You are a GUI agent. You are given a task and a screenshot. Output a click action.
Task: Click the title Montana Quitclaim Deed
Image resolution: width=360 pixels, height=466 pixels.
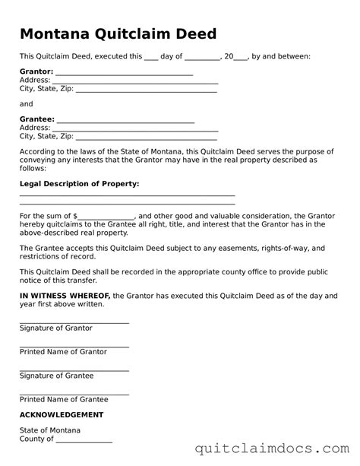[x=118, y=34]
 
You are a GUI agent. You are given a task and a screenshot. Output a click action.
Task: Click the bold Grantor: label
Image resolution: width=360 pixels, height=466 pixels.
[x=36, y=71]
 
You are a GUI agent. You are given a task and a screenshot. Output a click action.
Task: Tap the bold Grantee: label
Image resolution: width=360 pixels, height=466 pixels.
[x=36, y=119]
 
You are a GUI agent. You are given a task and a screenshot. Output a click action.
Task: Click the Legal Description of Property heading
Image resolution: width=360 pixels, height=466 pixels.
[x=79, y=184]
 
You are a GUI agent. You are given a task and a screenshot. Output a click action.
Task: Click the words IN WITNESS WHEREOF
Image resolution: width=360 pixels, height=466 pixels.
[x=65, y=295]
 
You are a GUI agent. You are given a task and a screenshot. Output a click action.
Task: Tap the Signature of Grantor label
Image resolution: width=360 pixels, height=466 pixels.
[x=55, y=328]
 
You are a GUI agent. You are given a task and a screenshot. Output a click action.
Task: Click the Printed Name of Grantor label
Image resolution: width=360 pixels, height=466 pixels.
[x=63, y=352]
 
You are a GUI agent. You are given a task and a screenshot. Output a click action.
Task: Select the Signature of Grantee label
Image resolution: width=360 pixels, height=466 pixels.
[x=56, y=376]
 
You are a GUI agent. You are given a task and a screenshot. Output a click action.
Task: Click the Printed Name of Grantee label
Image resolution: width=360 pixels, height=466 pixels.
[x=64, y=399]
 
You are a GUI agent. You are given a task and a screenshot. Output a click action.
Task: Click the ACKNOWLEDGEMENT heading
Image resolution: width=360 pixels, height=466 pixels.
[x=62, y=415]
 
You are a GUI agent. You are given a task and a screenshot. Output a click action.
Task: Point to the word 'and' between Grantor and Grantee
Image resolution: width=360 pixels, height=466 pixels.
[x=27, y=104]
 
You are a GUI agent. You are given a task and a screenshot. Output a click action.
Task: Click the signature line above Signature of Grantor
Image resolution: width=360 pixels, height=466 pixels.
[x=74, y=322]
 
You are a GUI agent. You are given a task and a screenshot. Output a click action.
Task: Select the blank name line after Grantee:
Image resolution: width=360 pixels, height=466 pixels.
[x=126, y=122]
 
